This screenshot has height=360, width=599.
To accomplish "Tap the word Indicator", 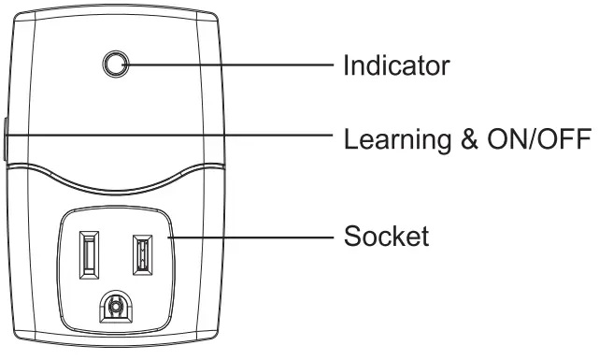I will coord(397,65).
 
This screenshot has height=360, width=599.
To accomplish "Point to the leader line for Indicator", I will coord(234,65).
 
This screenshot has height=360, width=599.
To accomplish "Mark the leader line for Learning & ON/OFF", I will coord(187,135).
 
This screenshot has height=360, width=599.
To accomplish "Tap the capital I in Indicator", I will coord(348,65).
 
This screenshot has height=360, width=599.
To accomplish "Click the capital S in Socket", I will coord(352,236).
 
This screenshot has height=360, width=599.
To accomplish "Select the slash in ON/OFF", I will coord(540,140).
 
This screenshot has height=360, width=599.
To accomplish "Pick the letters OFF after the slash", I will coord(568,140).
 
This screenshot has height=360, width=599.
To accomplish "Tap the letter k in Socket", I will coord(400,236).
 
